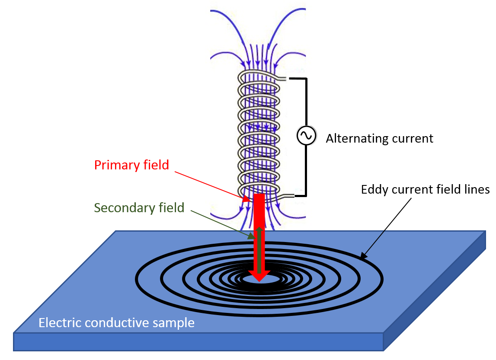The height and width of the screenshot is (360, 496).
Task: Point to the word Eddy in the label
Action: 373,189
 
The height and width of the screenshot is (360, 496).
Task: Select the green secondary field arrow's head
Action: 259,229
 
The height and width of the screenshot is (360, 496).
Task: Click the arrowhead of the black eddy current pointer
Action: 364,257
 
